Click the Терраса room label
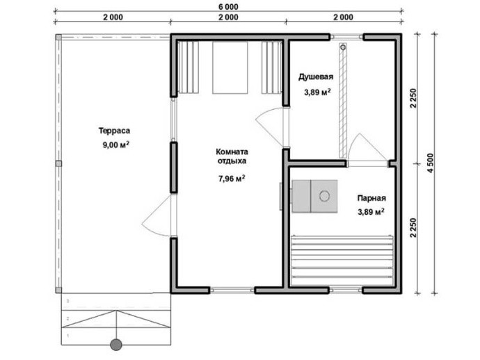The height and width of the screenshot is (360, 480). tap(114, 131)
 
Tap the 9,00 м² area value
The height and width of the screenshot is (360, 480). tap(115, 145)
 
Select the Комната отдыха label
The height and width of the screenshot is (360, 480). tap(232, 156)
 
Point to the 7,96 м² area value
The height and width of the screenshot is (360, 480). tap(232, 179)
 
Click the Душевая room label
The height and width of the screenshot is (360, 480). tap(316, 76)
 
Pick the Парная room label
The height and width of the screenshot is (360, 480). tap(371, 198)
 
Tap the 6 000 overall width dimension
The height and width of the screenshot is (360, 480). tap(228, 6)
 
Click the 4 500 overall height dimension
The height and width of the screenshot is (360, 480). tap(430, 163)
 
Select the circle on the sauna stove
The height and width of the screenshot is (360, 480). tap(324, 195)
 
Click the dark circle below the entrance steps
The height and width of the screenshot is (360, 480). tap(116, 345)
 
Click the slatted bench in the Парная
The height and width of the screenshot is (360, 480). tap(342, 256)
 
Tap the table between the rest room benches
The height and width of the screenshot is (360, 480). tap(230, 67)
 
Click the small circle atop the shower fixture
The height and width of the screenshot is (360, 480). tap(343, 47)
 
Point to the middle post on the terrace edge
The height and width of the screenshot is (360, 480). tap(58, 163)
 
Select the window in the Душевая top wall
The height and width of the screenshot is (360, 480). tap(346, 37)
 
